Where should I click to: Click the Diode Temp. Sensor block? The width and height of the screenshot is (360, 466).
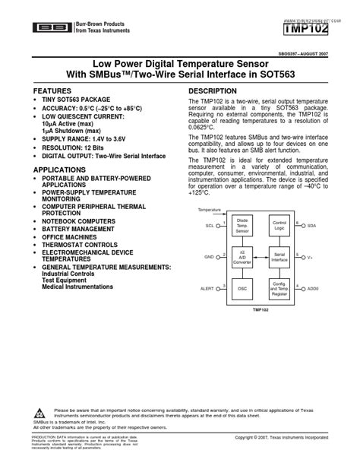242,226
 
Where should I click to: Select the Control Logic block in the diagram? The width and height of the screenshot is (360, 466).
279,226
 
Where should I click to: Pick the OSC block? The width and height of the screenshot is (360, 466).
242,288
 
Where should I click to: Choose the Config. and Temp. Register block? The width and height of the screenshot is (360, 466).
279,288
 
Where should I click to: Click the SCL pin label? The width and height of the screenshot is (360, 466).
210,227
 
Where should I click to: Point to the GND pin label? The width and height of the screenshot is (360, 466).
209,258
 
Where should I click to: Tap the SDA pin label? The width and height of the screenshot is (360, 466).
311,227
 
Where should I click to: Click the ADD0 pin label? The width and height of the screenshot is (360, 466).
313,289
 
